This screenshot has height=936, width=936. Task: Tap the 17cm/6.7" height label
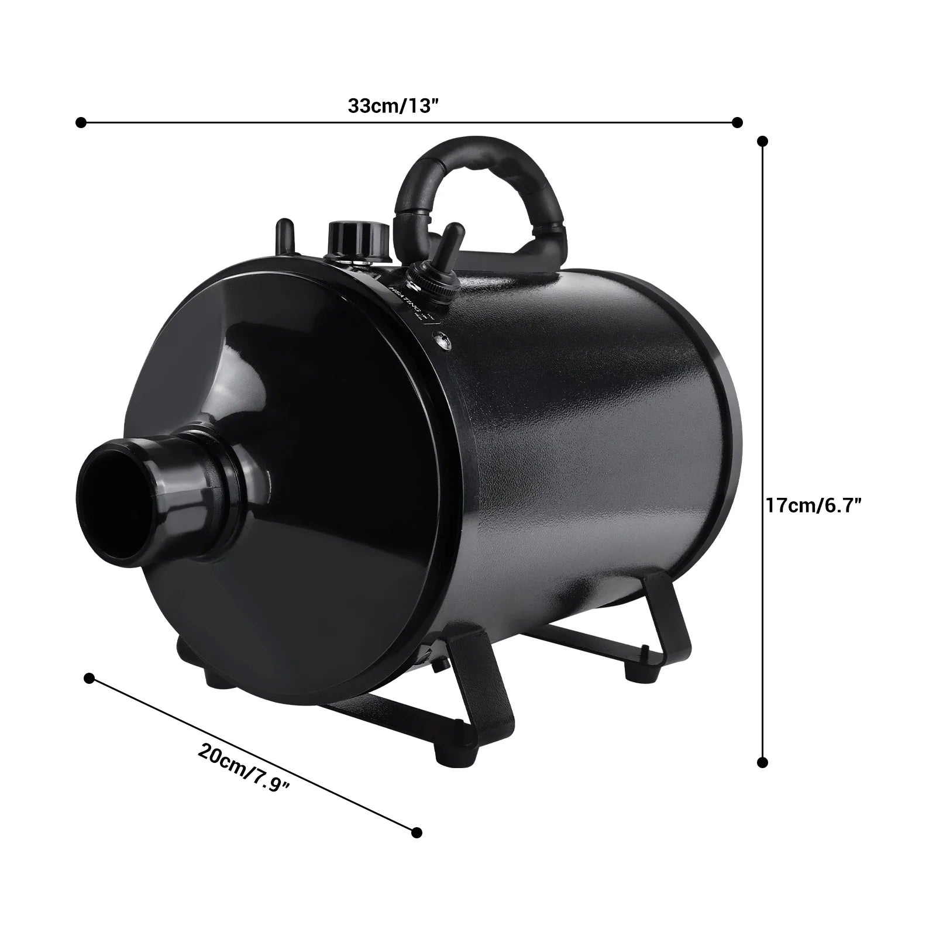813,505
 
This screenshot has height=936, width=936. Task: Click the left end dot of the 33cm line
81,122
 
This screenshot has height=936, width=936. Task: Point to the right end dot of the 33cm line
738,122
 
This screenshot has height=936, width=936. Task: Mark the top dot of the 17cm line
762,141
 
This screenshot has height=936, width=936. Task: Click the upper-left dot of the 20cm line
89,678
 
